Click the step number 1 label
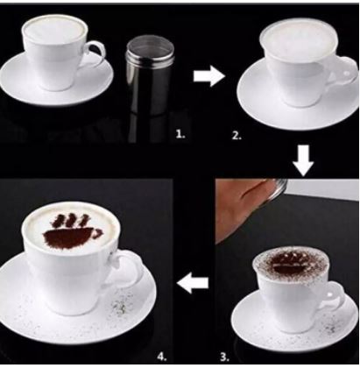[180, 134]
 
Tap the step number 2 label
[236, 136]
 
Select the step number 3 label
[224, 357]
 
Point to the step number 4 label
[162, 357]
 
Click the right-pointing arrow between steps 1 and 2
[208, 76]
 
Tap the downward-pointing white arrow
[303, 160]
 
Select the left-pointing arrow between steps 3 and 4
[193, 283]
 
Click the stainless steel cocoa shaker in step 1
[150, 76]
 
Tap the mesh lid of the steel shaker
[150, 46]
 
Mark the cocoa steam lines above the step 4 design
[70, 221]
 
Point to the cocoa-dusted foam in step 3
[291, 265]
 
